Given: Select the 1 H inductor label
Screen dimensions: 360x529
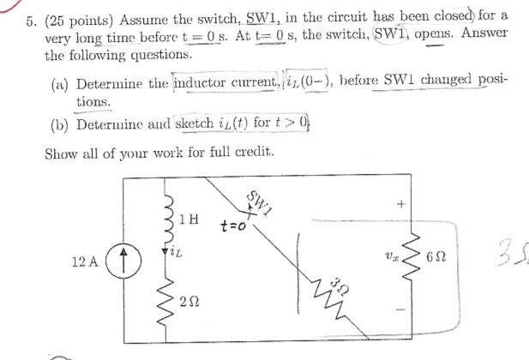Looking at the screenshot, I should [190, 219].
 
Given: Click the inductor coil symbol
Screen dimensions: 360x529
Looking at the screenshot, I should [166, 220].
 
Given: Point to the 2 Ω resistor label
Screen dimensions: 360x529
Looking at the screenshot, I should [192, 301].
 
